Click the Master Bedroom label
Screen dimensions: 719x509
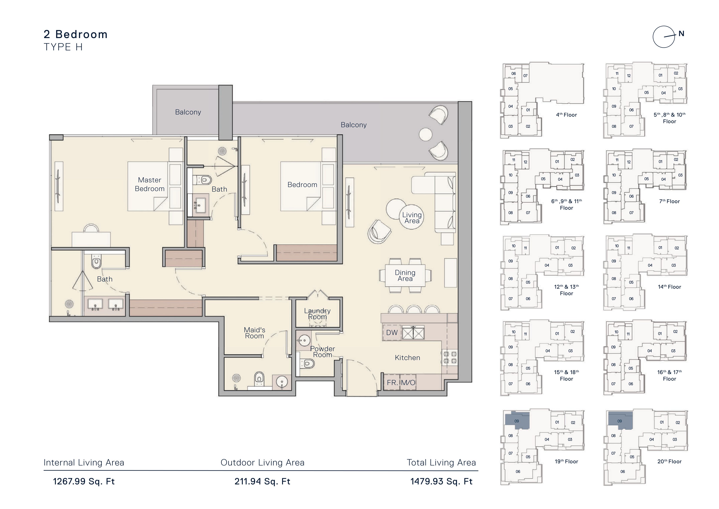coord(150,184)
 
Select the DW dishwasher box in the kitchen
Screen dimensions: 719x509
coord(392,333)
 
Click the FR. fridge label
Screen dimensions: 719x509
coord(392,383)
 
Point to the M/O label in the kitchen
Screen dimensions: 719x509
coord(408,383)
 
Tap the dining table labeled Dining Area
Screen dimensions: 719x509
coord(405,276)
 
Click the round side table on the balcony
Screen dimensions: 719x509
coord(426,134)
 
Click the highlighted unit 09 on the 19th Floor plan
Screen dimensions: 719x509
coord(517,421)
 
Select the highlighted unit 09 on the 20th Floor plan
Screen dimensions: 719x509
coord(620,421)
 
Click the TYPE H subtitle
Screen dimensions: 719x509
coord(63,47)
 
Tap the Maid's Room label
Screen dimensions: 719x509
coord(255,333)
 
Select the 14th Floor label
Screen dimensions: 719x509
coord(669,287)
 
